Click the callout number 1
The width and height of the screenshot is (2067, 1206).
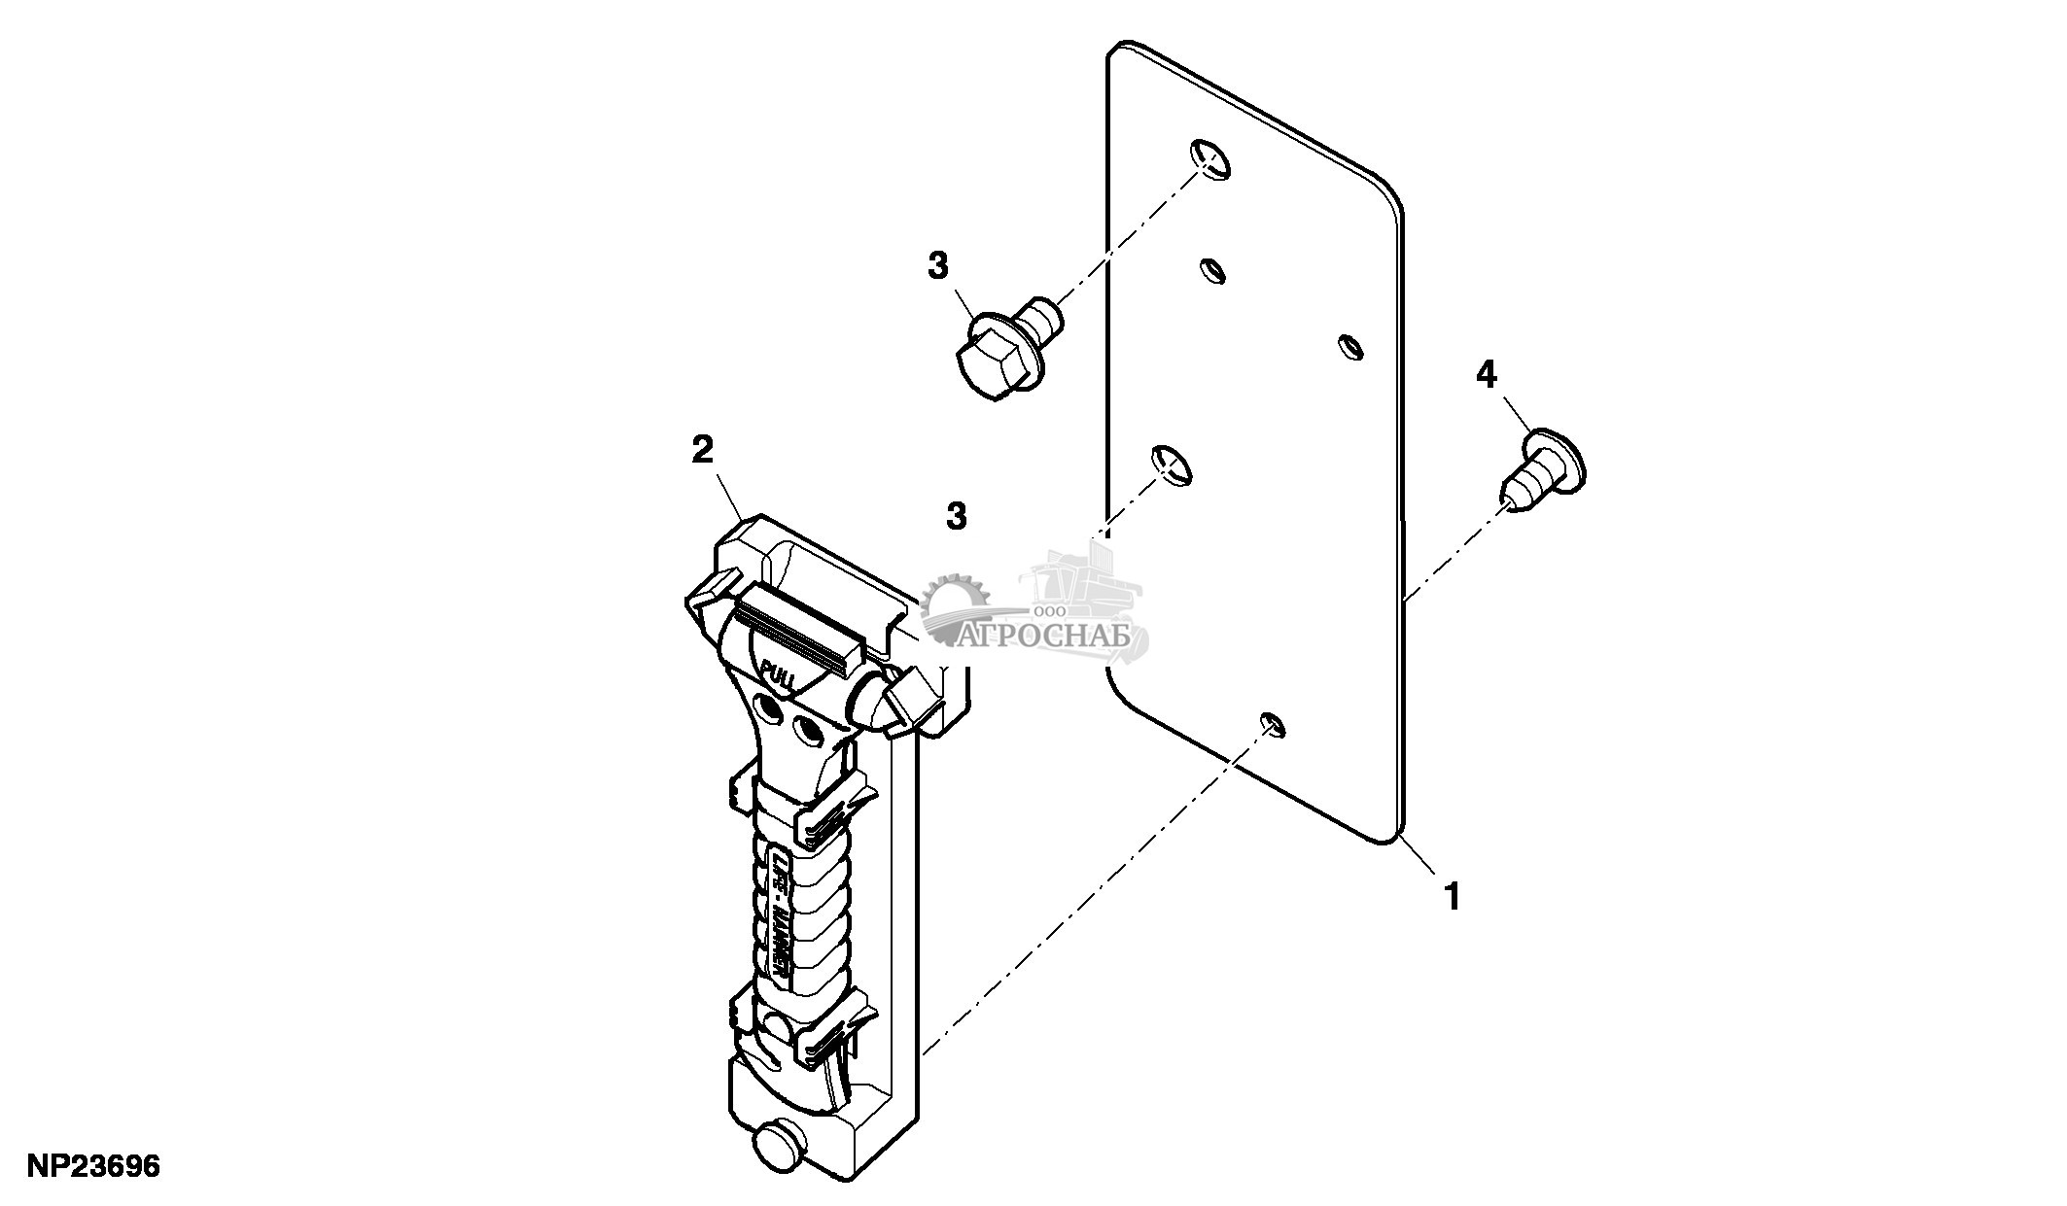[1453, 895]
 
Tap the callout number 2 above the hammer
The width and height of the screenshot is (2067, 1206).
[702, 450]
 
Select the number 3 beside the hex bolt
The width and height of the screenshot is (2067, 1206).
[938, 265]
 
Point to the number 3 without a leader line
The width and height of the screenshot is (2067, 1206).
[957, 516]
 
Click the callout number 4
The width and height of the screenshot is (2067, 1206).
[1487, 374]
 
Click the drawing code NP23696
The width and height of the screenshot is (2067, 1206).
[93, 1166]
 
